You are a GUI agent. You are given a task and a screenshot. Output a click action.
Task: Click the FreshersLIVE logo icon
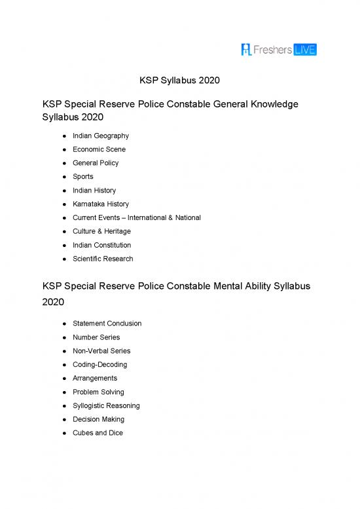247,49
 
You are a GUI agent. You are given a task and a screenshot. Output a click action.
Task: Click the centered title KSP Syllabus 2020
179,81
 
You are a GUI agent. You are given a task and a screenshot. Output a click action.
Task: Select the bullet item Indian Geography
100,136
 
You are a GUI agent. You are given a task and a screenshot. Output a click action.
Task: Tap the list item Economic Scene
99,149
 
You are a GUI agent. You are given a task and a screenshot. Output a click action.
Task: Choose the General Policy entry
96,163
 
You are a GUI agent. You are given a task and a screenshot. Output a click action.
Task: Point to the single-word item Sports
83,176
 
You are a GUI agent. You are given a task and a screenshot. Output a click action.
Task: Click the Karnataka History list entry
101,204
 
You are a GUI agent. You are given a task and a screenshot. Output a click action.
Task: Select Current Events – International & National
137,217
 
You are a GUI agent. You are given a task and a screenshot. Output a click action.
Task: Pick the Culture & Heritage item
101,231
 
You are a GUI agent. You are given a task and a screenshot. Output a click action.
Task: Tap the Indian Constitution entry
102,245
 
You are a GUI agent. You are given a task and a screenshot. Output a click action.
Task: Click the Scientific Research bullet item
103,259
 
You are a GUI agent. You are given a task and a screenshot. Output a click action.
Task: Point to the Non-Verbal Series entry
101,350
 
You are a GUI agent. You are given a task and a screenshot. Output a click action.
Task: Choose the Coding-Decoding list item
99,364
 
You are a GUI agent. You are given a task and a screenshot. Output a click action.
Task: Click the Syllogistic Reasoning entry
106,405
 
